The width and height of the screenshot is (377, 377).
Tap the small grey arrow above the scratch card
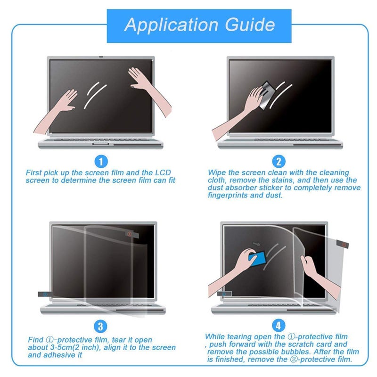pyautogui.click(x=256, y=244)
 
